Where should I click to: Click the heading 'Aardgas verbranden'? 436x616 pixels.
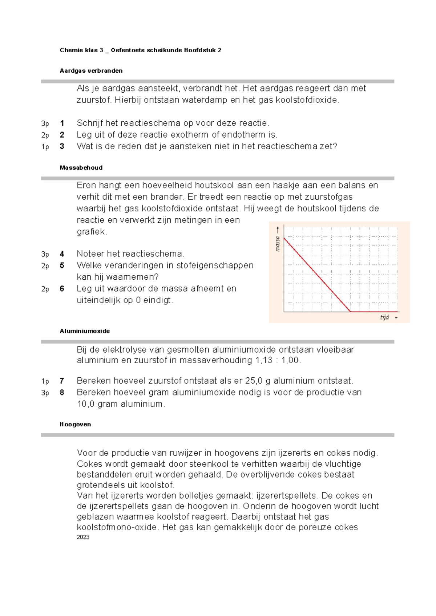91,71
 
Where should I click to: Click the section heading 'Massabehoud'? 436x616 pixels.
81,168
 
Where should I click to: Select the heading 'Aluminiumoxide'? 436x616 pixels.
85,331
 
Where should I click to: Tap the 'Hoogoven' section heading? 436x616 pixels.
75,424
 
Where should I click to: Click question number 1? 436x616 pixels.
62,123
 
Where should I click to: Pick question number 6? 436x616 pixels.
62,289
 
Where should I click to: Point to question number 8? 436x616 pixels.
62,393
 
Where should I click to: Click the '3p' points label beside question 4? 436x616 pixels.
45,254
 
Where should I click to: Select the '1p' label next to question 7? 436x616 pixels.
45,381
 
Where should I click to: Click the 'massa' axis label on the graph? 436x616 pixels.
278,244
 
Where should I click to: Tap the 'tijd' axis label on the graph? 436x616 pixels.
384,317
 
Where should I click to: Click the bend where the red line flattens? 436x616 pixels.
351,311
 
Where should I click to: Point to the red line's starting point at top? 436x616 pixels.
284,237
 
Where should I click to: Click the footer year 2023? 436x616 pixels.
83,537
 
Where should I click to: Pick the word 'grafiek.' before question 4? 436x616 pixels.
92,232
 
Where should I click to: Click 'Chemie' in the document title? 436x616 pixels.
71,50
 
